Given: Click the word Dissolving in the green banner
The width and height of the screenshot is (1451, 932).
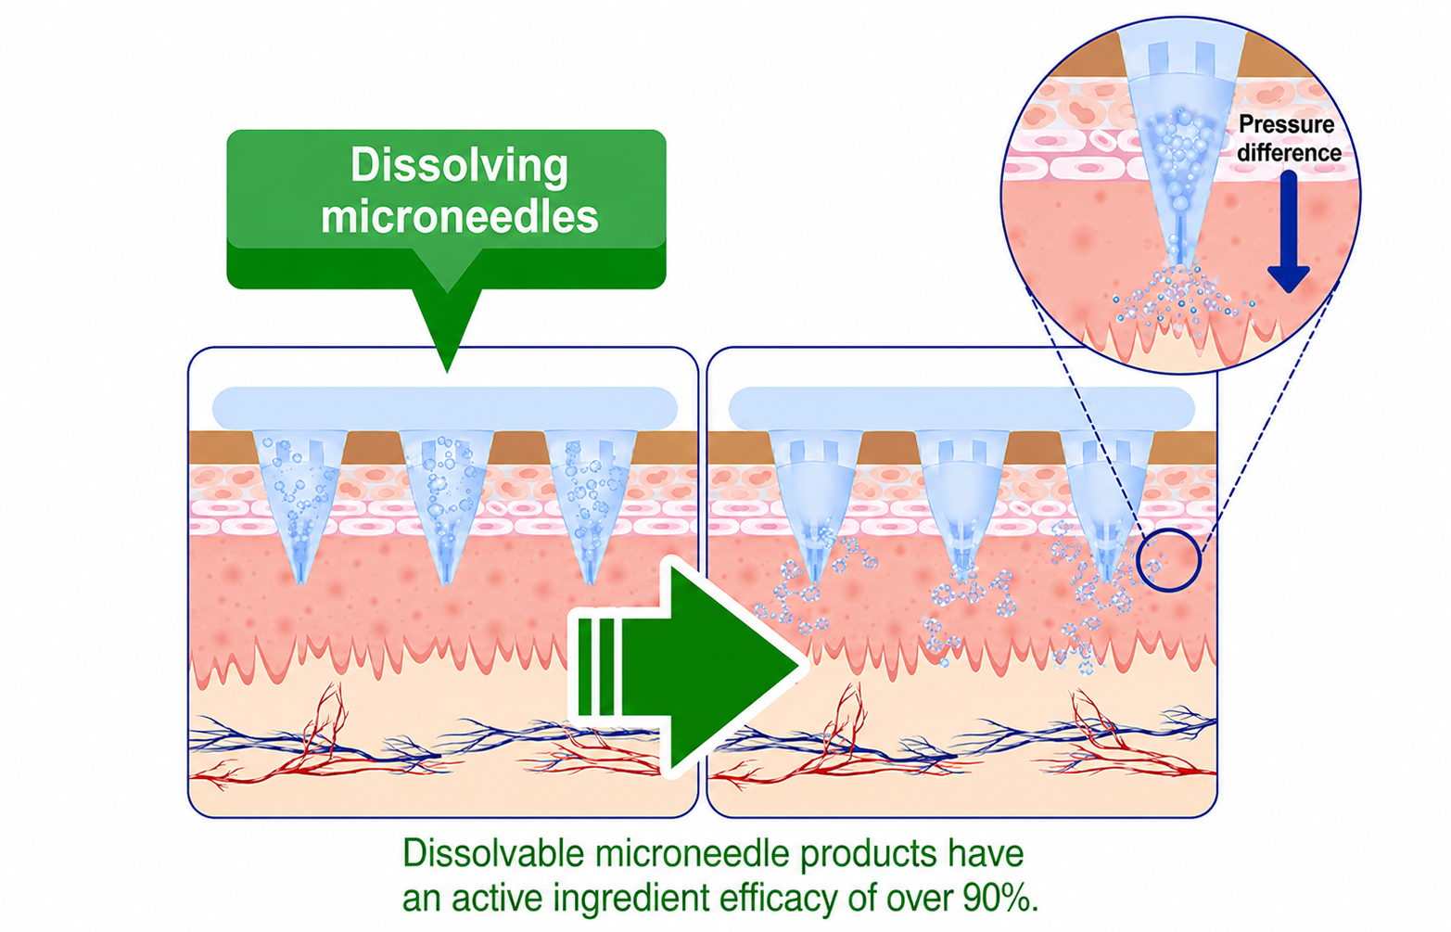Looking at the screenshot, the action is click(x=459, y=166).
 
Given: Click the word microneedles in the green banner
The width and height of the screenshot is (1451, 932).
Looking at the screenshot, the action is click(x=459, y=216).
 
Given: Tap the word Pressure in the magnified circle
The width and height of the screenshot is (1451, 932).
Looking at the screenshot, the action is click(x=1287, y=124).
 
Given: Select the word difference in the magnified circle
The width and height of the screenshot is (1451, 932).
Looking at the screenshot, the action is click(x=1289, y=153).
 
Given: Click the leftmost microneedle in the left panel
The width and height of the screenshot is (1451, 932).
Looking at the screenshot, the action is click(x=299, y=505).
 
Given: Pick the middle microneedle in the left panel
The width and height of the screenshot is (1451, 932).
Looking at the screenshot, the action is click(x=446, y=505).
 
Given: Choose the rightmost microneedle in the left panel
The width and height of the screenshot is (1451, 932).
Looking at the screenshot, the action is click(x=591, y=505).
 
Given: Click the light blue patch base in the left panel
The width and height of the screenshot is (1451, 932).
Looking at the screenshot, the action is click(x=445, y=408).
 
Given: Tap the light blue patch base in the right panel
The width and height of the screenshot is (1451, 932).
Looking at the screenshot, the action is click(x=961, y=408).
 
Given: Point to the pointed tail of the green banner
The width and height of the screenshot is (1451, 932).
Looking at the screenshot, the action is click(x=447, y=371).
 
